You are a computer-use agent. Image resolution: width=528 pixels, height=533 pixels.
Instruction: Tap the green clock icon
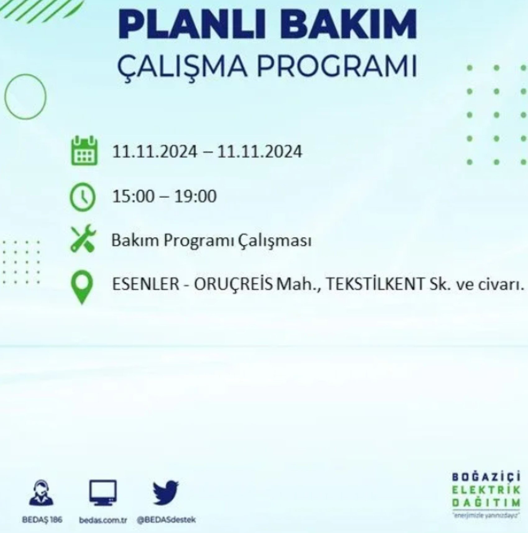83,197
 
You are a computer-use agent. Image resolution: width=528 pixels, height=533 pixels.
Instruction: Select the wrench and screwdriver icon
83,238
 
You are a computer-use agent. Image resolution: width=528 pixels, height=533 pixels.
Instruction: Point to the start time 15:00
133,196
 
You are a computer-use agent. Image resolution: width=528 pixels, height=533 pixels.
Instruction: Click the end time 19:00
195,196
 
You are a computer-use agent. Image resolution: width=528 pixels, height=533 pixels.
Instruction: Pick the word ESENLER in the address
145,284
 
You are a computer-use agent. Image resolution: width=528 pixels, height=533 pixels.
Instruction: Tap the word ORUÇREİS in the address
234,284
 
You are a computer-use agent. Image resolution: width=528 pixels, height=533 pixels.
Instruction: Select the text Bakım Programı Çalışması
211,241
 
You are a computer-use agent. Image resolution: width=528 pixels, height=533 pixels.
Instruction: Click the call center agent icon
41,493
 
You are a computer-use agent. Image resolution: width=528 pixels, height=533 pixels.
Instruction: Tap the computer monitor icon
103,493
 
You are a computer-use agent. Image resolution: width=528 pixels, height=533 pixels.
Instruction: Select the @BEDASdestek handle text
166,520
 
